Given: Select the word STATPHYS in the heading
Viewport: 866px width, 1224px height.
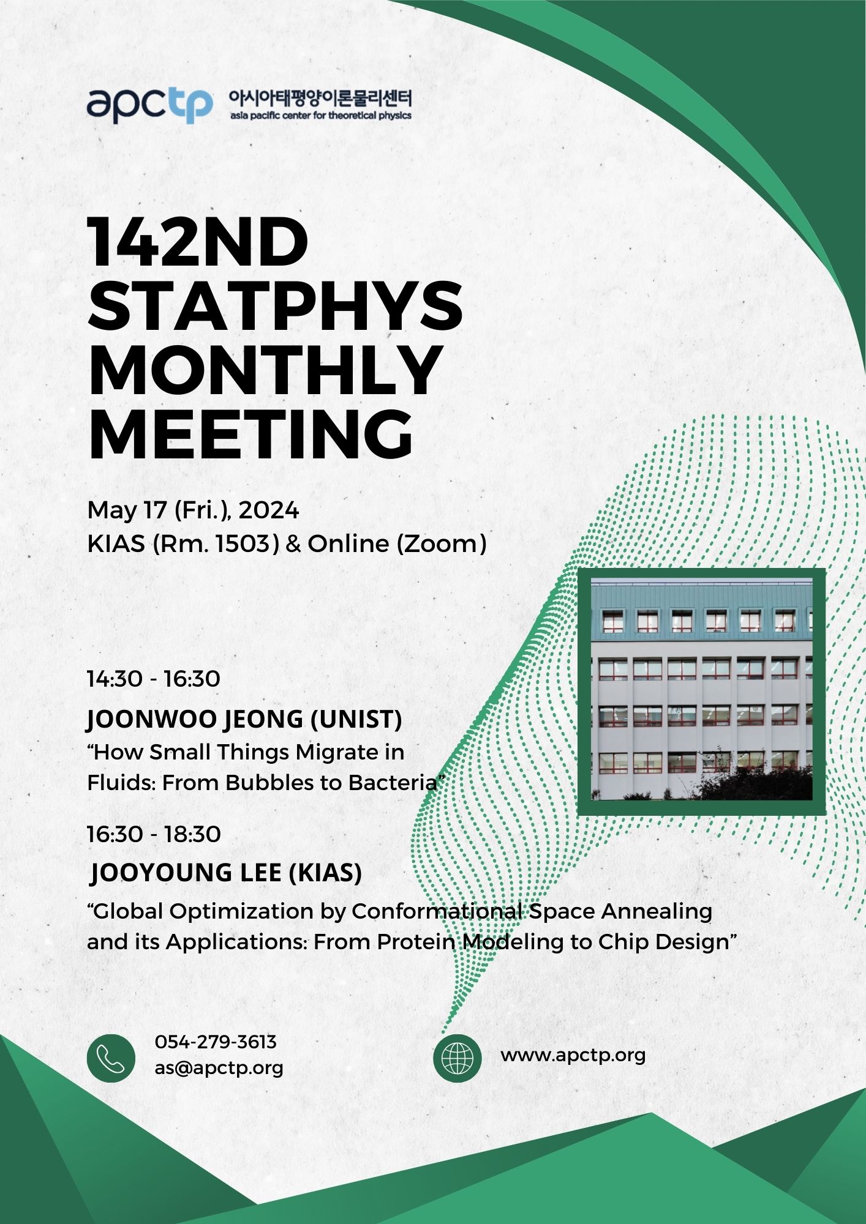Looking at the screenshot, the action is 276,307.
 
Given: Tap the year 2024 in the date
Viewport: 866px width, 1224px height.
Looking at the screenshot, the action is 269,510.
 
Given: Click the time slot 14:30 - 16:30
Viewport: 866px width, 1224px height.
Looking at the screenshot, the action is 154,679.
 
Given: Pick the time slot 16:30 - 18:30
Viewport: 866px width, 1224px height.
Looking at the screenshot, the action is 154,834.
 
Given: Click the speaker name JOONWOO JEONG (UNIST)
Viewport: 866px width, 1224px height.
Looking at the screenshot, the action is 244,719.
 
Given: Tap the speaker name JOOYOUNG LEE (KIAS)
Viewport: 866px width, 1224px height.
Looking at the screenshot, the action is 226,873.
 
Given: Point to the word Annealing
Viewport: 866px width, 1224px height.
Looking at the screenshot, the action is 657,912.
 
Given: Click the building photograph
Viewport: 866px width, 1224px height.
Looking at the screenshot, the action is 702,692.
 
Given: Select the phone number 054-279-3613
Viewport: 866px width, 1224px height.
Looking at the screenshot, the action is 216,1042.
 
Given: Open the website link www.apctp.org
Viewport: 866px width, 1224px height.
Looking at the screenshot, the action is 573,1056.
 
